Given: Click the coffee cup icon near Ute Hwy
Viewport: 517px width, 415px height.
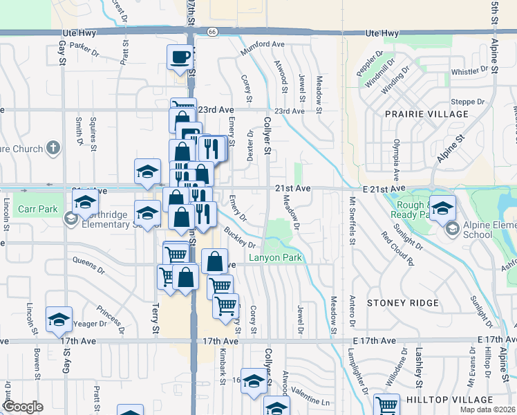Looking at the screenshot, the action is pyautogui.click(x=180, y=57).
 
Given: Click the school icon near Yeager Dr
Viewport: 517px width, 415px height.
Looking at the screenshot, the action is pyautogui.click(x=59, y=318).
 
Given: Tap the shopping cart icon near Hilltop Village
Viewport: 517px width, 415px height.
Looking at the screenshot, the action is pyautogui.click(x=386, y=405).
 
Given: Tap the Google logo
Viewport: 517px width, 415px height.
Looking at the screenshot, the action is pyautogui.click(x=22, y=407).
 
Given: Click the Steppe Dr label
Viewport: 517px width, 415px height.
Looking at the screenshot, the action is pyautogui.click(x=467, y=102).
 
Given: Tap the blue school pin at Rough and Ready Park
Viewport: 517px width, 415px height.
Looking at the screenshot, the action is pyautogui.click(x=442, y=206).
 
